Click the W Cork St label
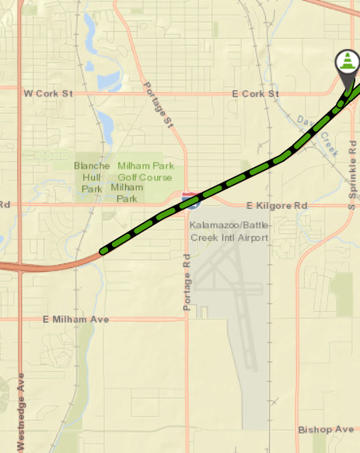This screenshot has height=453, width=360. pos(48,93)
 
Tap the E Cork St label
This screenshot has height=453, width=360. pos(256,93)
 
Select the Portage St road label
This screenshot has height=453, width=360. pos(156,106)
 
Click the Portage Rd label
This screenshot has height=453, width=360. pos(187,283)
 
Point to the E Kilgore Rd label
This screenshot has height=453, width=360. pos(277,206)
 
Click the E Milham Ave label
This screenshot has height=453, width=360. pos(75,319)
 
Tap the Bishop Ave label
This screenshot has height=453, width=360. pos(326,430)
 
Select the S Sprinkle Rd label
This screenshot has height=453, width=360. pos(352,175)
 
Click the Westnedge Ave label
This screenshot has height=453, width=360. pos(21,413)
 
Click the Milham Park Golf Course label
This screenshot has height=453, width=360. pos(145,171)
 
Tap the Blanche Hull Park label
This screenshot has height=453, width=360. pos(92,177)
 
